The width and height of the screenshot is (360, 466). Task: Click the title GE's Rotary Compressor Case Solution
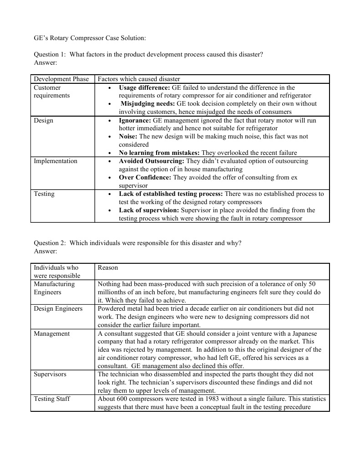point(90,38)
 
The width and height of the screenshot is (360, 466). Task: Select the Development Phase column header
point(61,79)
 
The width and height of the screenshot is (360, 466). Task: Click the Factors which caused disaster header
point(139,79)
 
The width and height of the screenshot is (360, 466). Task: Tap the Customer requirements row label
point(51,92)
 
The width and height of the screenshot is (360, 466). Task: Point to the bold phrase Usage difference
point(144,87)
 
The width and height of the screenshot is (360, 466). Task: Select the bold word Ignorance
point(135,121)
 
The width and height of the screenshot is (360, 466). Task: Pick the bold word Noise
point(128,137)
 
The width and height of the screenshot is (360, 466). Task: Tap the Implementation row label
point(56,161)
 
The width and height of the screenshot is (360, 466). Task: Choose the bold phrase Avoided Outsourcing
point(152,161)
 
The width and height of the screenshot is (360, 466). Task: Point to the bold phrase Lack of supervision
point(149,210)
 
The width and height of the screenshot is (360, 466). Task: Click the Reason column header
point(108,268)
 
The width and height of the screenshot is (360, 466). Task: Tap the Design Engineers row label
point(58,309)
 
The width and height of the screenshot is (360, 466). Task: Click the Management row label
point(52,334)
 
